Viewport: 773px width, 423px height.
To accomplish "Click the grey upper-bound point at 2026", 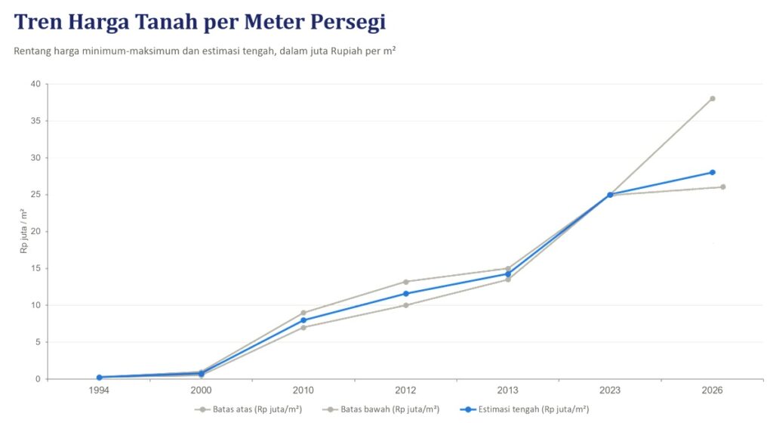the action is [x=713, y=99].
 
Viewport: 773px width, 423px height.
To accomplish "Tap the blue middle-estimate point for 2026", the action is [x=713, y=172].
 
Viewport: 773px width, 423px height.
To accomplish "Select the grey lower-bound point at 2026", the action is [x=722, y=187].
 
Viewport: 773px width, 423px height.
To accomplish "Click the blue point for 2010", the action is [x=303, y=320].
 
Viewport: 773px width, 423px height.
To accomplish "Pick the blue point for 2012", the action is [x=405, y=294].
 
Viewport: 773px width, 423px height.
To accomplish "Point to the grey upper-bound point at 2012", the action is [x=405, y=282].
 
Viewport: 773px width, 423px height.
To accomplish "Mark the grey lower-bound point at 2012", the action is [x=405, y=305].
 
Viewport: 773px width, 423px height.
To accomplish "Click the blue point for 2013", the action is [x=508, y=274].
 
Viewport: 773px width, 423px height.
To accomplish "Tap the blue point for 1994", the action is [x=99, y=377].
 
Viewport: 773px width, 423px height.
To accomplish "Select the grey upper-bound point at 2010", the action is [x=303, y=313].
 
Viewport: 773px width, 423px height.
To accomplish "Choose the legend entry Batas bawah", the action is [x=380, y=409].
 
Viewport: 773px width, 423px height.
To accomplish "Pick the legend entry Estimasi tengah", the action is [x=524, y=409].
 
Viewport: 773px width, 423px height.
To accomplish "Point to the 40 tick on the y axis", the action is [x=35, y=84].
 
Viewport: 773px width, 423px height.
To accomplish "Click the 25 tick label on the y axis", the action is [x=35, y=195].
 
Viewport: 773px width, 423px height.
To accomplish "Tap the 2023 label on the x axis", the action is [x=610, y=391].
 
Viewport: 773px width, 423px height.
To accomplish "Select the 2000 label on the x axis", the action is [x=201, y=391].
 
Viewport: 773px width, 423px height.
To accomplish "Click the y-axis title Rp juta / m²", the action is [x=23, y=231].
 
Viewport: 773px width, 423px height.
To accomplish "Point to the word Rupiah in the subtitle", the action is [x=347, y=51].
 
